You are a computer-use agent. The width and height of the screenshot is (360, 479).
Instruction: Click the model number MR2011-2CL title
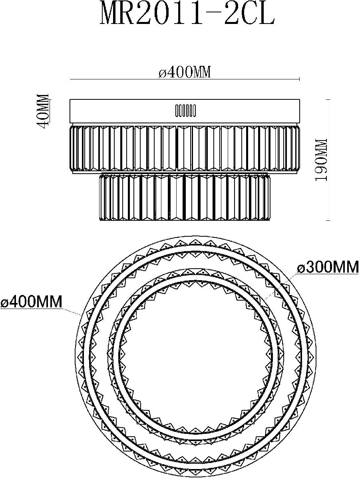coord(187,13)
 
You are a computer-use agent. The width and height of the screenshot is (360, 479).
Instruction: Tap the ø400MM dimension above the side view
coord(185,72)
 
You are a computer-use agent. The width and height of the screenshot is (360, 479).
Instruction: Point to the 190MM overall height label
coord(321,160)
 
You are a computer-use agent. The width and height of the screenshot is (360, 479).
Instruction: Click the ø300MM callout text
coord(328,267)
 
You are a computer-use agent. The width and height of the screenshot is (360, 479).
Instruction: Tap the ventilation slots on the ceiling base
coord(185,111)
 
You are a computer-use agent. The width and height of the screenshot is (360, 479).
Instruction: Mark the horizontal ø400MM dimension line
coord(185,79)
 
